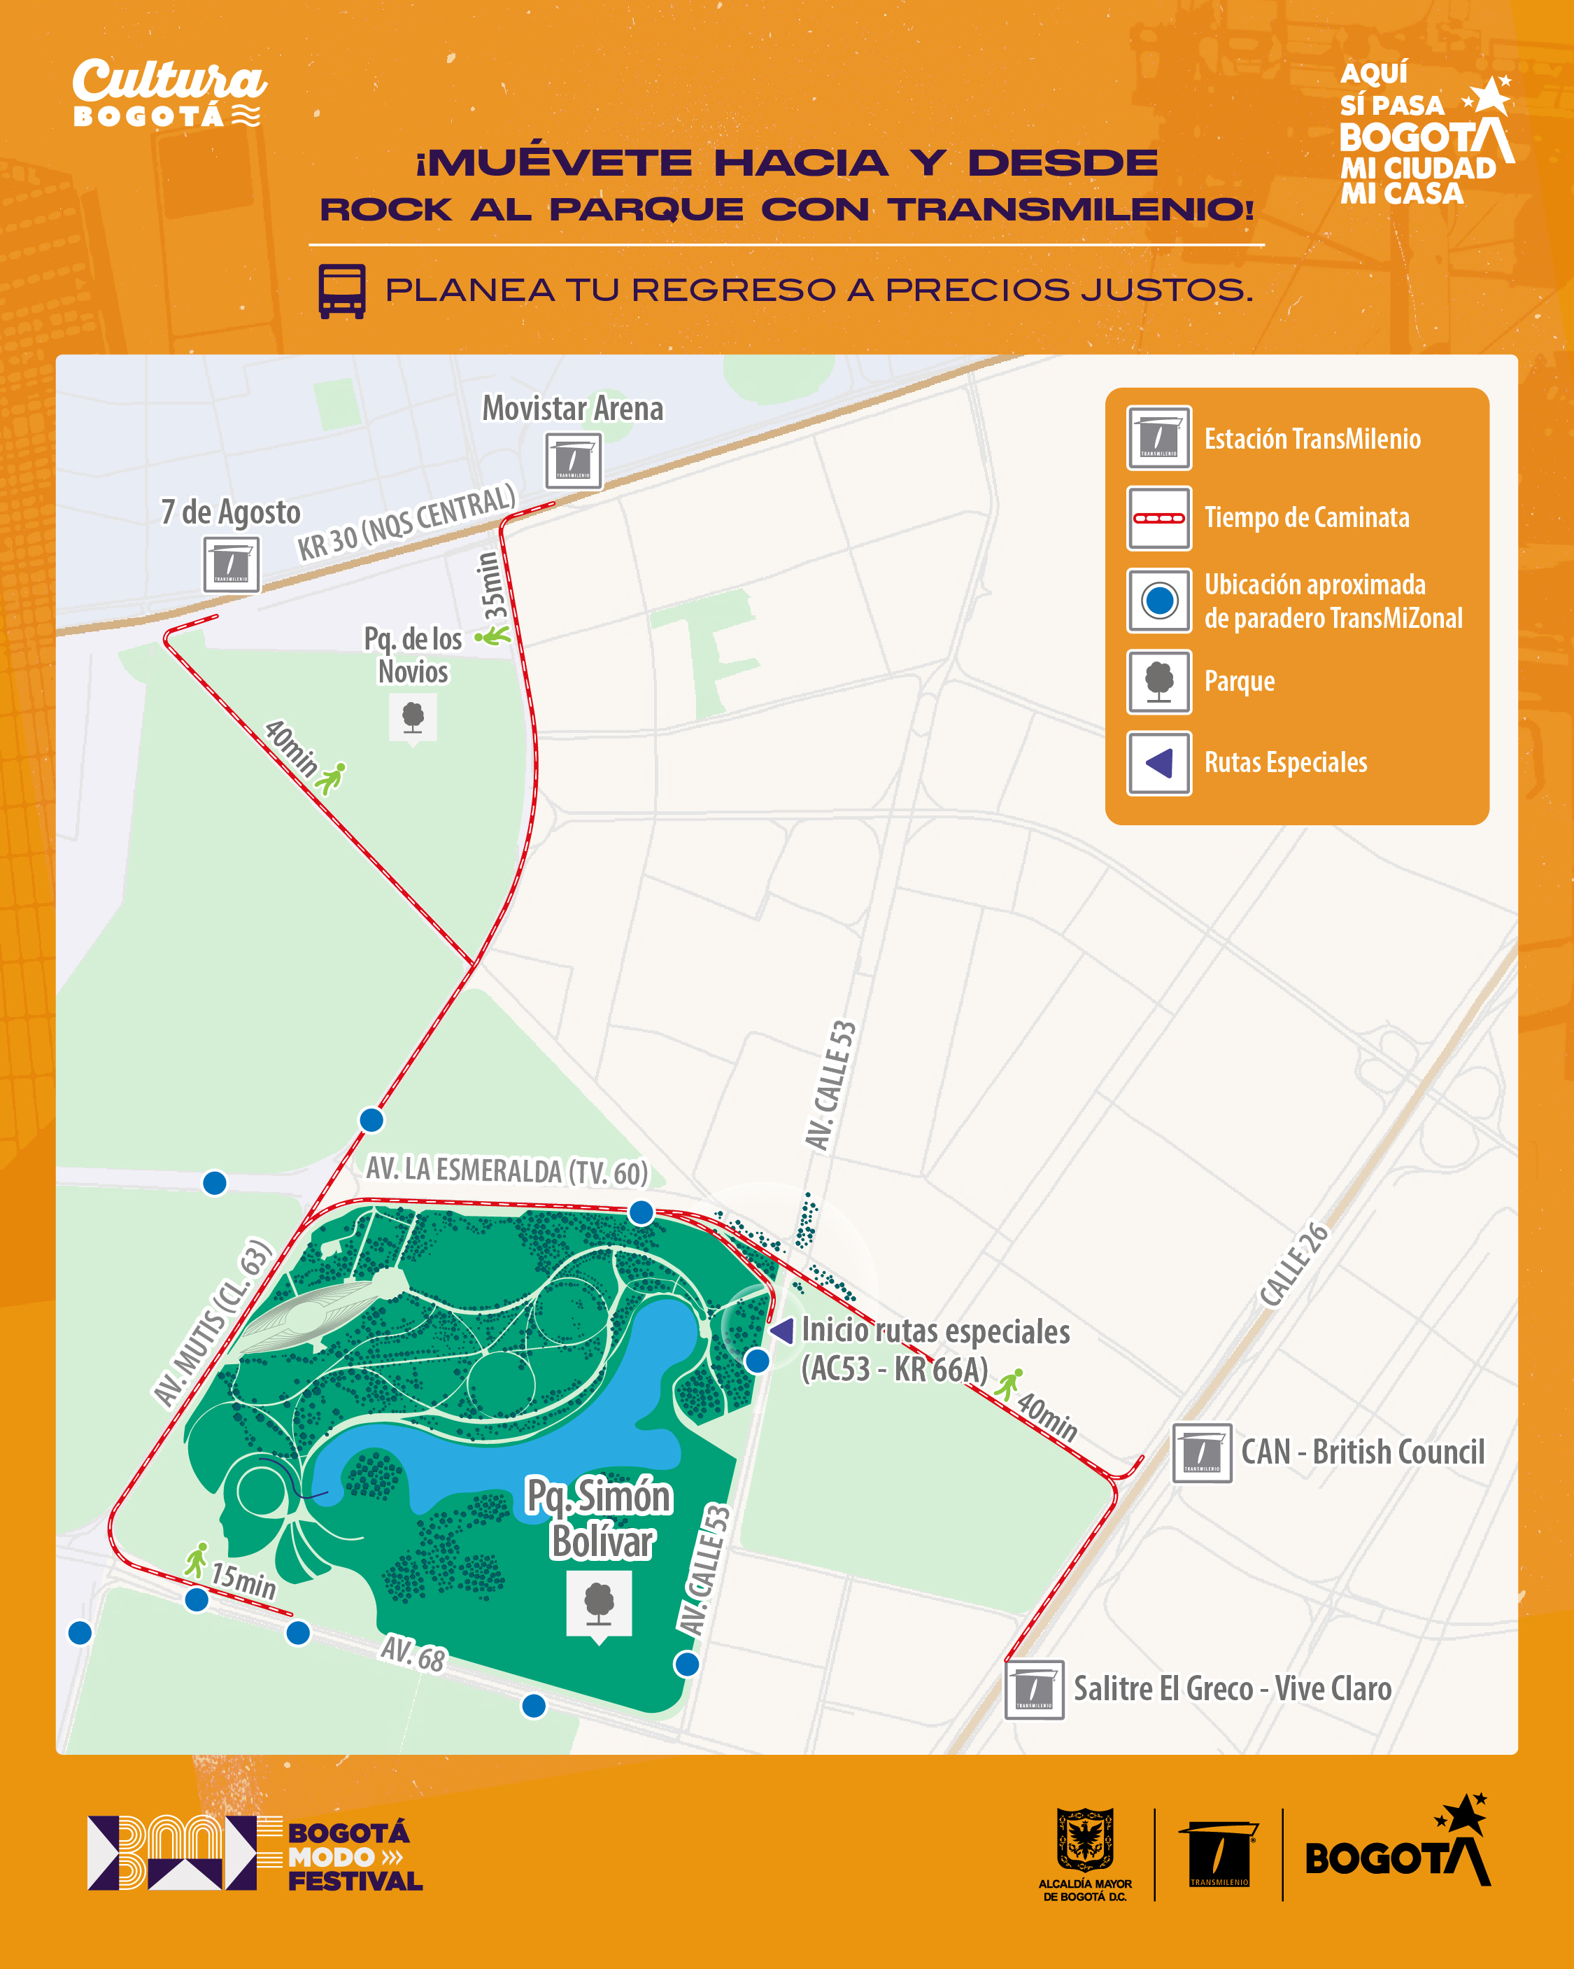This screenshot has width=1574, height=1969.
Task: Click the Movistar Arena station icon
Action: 574,461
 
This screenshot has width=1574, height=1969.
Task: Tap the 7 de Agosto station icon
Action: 231,564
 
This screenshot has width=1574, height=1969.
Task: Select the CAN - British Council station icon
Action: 1202,1453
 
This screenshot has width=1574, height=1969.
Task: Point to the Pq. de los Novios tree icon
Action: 413,717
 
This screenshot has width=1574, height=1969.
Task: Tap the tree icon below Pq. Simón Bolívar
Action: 599,1604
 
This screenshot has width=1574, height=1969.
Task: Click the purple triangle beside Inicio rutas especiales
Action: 781,1331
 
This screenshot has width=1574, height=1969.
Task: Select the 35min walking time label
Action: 491,584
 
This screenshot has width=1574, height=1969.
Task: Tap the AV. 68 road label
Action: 413,1653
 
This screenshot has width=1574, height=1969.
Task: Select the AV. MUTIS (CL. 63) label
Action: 212,1322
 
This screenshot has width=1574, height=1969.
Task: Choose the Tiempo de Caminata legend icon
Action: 1158,518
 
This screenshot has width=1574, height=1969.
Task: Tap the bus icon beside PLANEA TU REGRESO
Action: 341,291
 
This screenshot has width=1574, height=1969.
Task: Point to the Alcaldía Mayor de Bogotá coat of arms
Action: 1084,1840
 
